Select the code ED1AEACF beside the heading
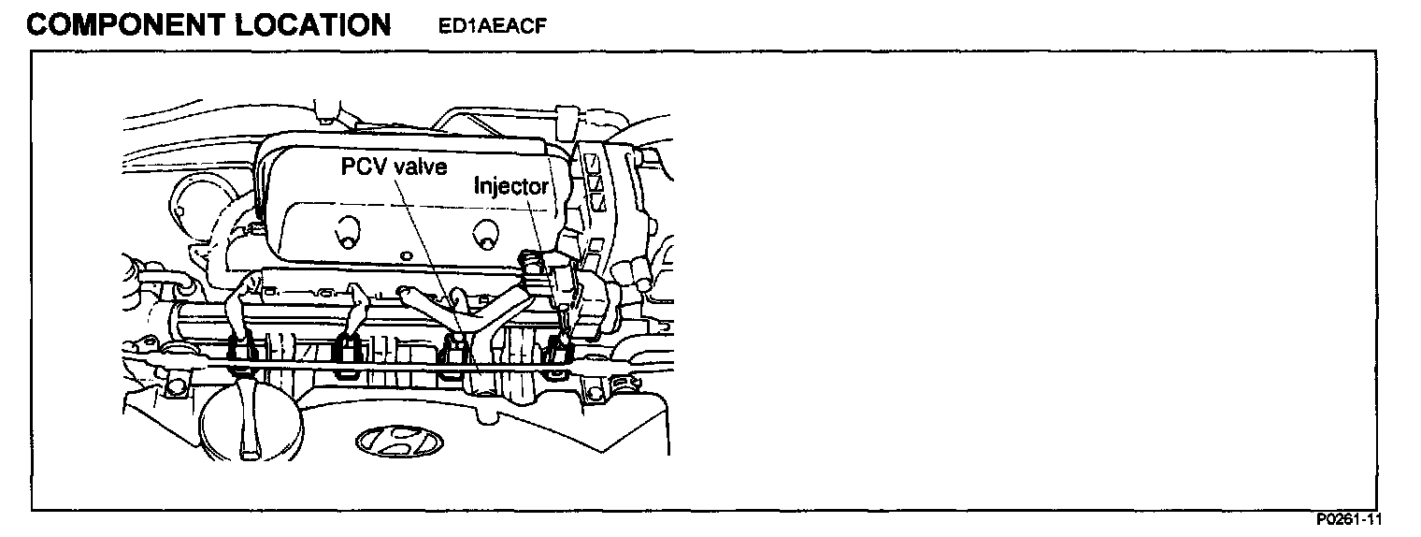[492, 26]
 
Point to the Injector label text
[510, 185]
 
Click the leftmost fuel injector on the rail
[242, 351]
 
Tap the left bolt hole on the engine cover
[346, 233]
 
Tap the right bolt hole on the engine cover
[485, 234]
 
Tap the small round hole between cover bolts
[405, 254]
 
